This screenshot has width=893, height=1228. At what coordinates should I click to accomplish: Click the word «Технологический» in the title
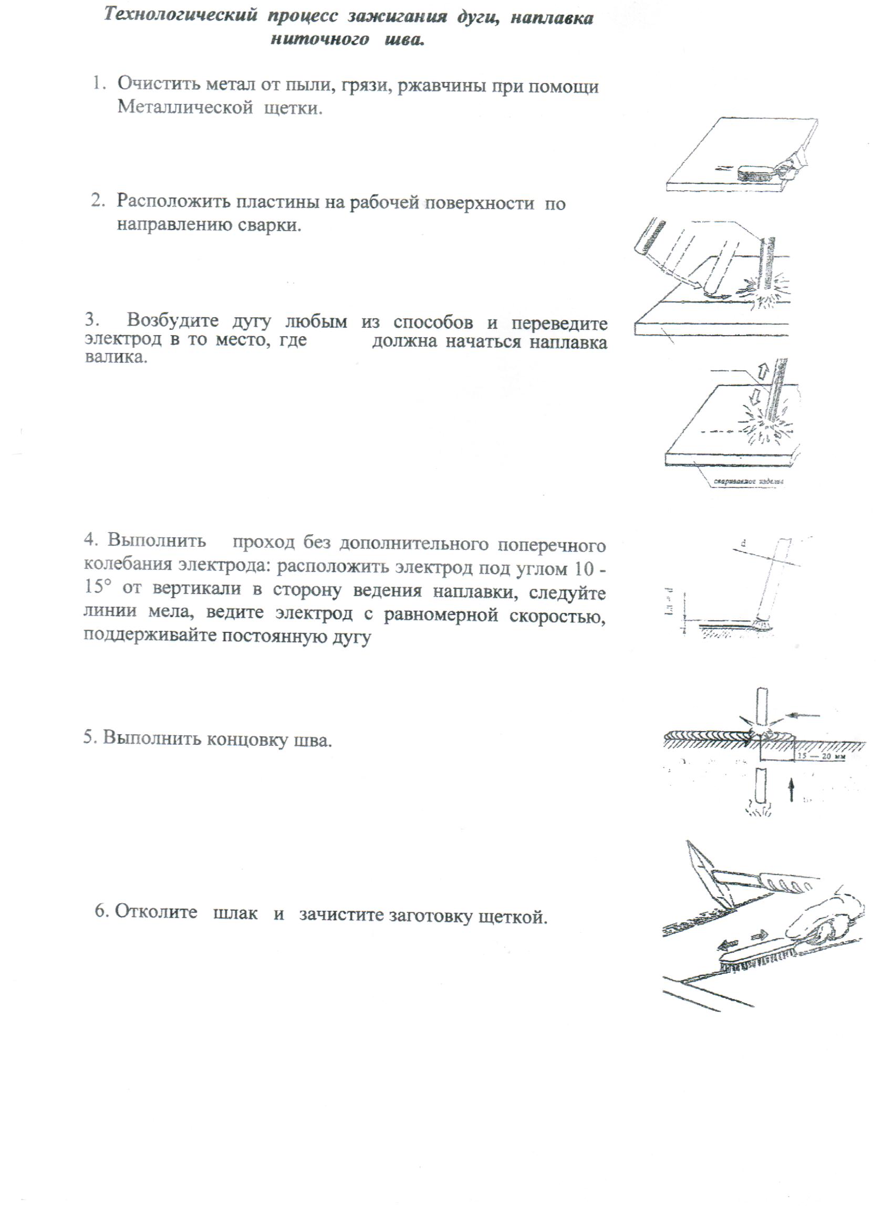click(x=180, y=15)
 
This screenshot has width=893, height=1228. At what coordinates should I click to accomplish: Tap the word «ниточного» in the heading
click(x=319, y=39)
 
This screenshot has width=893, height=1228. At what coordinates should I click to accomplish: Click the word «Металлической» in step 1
click(x=185, y=107)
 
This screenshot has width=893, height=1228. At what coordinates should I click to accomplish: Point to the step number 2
click(x=97, y=200)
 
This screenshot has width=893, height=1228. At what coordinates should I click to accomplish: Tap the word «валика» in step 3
click(x=115, y=357)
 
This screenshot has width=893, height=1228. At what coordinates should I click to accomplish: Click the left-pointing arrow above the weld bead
click(x=803, y=716)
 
